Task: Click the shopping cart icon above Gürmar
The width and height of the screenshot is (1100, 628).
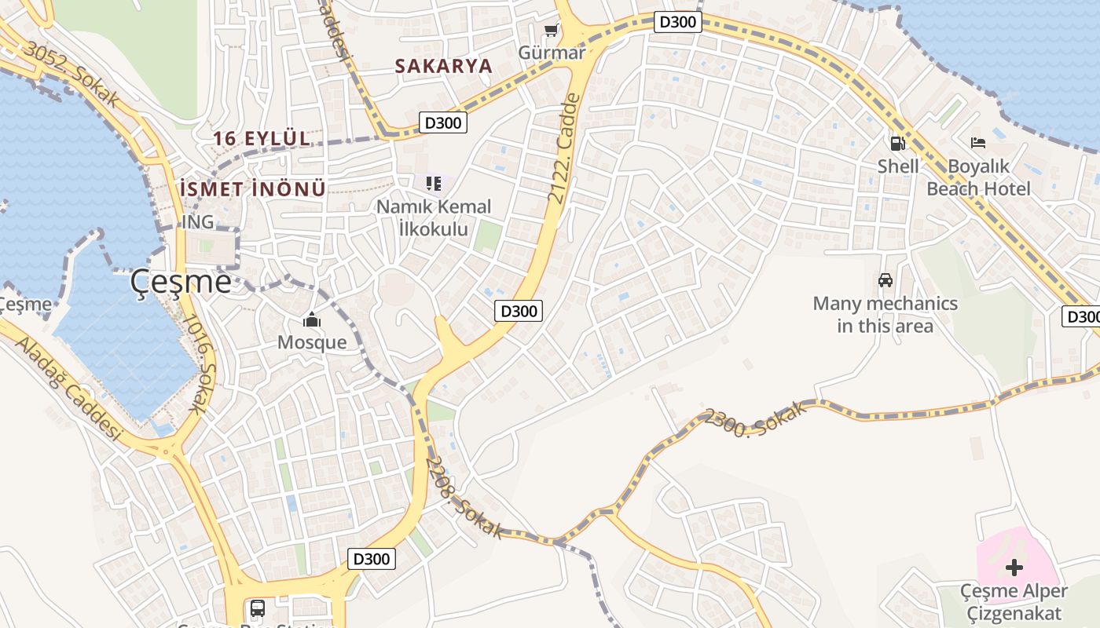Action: (x=552, y=31)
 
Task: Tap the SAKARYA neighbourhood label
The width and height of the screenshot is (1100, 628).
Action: (x=443, y=66)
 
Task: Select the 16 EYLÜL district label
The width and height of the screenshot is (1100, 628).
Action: (x=262, y=139)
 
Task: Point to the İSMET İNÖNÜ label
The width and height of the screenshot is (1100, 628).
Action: (x=252, y=188)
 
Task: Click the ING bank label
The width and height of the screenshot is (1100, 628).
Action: (x=197, y=222)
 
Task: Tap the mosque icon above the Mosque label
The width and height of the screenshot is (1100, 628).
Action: (x=312, y=320)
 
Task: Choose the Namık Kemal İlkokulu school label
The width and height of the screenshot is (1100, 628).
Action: (x=434, y=217)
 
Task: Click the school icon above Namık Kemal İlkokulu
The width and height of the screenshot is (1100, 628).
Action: (x=434, y=184)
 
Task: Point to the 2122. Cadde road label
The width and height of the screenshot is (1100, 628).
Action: (x=564, y=148)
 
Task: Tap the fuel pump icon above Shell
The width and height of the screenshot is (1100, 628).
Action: (x=897, y=143)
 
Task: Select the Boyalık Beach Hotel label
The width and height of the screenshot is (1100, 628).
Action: (x=978, y=177)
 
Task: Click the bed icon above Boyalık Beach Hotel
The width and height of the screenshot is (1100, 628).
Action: (x=978, y=143)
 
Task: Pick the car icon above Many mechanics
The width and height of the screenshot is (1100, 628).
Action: (x=885, y=279)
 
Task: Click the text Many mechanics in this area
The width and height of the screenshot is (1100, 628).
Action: (x=885, y=314)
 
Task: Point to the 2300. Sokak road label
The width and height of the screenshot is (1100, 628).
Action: (x=755, y=422)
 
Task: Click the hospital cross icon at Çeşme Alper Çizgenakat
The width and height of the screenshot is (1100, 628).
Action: (x=1014, y=567)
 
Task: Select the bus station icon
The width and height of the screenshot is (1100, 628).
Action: (x=257, y=608)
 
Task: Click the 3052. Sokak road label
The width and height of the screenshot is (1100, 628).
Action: (x=72, y=75)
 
